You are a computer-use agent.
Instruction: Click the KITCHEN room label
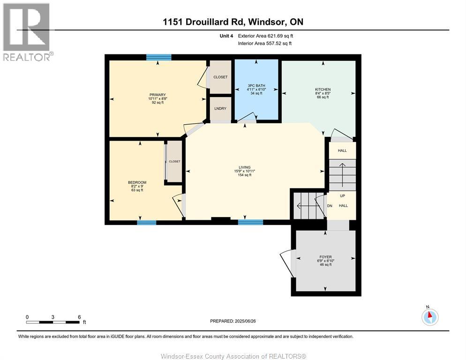[323, 90]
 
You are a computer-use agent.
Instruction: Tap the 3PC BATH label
[256, 86]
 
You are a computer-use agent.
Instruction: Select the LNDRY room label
[220, 108]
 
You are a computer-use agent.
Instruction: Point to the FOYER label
[325, 257]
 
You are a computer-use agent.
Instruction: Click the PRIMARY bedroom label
[158, 95]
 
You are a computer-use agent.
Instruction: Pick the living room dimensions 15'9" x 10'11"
[245, 171]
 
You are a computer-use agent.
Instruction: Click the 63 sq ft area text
[137, 190]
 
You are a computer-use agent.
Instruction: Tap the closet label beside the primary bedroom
[220, 77]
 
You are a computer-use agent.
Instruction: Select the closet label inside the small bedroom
[174, 161]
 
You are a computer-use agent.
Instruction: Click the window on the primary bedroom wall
[159, 57]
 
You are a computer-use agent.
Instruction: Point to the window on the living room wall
[250, 222]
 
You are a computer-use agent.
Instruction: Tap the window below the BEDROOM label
[147, 222]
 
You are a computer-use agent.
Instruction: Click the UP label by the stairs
[342, 196]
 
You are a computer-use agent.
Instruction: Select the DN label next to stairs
[330, 206]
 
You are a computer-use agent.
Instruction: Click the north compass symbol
[430, 317]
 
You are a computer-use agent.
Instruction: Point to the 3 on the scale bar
[53, 317]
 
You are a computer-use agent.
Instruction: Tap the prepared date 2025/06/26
[245, 321]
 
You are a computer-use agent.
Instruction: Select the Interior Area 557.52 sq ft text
[264, 44]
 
